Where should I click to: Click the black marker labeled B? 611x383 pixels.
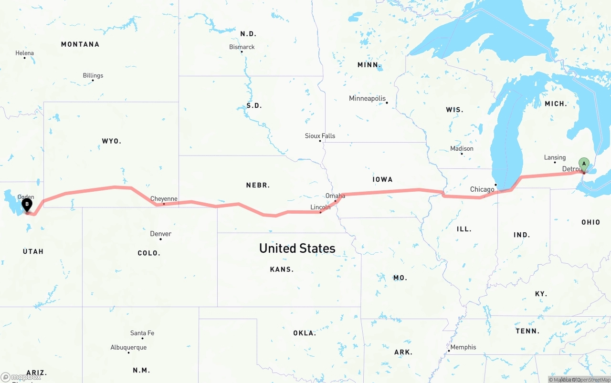27,205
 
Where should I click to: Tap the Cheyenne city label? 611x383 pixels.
164,199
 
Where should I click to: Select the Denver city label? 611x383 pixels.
160,234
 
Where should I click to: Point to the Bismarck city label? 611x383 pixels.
242,47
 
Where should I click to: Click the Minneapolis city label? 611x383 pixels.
367,99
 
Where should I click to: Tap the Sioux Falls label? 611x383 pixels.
320,136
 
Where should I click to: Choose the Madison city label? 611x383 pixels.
462,148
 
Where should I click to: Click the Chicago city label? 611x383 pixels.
482,189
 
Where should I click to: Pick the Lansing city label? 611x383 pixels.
555,157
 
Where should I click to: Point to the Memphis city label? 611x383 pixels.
463,347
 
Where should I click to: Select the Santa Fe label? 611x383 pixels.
142,333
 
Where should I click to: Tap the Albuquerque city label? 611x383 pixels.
128,347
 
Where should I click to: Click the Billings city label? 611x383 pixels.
93,75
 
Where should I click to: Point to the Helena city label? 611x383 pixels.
24,53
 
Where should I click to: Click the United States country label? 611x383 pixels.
297,248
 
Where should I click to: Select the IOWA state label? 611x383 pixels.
382,179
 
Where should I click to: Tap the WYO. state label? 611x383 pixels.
112,141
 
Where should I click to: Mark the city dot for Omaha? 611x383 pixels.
335,201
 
